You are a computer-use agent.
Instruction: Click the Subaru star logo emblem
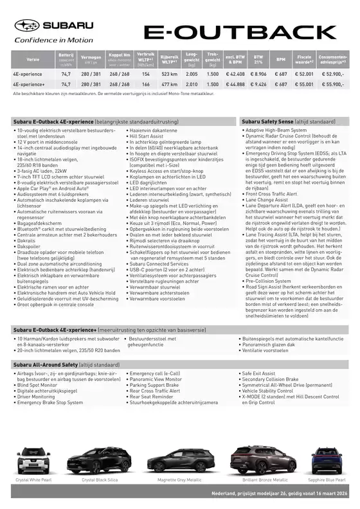pos(27,26)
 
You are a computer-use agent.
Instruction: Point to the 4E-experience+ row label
pos(29,84)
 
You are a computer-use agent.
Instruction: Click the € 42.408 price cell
pos(235,75)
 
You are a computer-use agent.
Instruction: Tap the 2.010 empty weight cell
pos(192,84)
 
